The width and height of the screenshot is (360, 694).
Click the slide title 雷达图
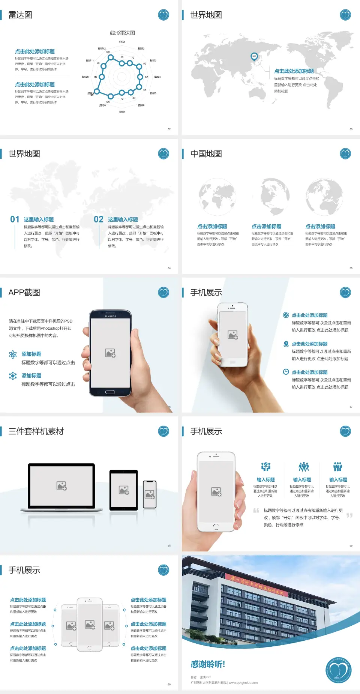pyautogui.click(x=20, y=15)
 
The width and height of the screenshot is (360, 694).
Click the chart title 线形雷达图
pyautogui.click(x=122, y=33)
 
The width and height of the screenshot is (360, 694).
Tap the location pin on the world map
pyautogui.click(x=254, y=57)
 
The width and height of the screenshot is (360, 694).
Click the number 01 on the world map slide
pyautogui.click(x=15, y=219)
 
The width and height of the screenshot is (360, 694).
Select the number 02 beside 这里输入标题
pyautogui.click(x=99, y=219)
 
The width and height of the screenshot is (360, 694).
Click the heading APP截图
pyautogui.click(x=24, y=293)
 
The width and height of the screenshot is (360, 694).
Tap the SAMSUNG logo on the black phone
pyautogui.click(x=110, y=316)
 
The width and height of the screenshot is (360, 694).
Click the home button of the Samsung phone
pyautogui.click(x=110, y=392)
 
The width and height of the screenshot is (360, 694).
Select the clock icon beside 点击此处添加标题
pyautogui.click(x=286, y=372)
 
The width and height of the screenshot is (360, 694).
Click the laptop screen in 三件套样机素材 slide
pyautogui.click(x=61, y=486)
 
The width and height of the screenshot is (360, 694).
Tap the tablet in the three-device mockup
pyautogui.click(x=124, y=490)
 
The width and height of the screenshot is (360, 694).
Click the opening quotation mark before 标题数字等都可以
pyautogui.click(x=256, y=511)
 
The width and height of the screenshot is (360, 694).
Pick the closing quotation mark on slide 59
pyautogui.click(x=349, y=515)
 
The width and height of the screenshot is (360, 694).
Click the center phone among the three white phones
pyautogui.click(x=90, y=624)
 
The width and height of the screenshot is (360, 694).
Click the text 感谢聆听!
pyautogui.click(x=208, y=664)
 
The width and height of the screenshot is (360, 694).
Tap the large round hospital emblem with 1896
pyautogui.click(x=338, y=670)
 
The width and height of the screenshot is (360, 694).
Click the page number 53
pyautogui.click(x=351, y=129)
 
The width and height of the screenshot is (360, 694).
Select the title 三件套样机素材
pyautogui.click(x=36, y=431)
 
